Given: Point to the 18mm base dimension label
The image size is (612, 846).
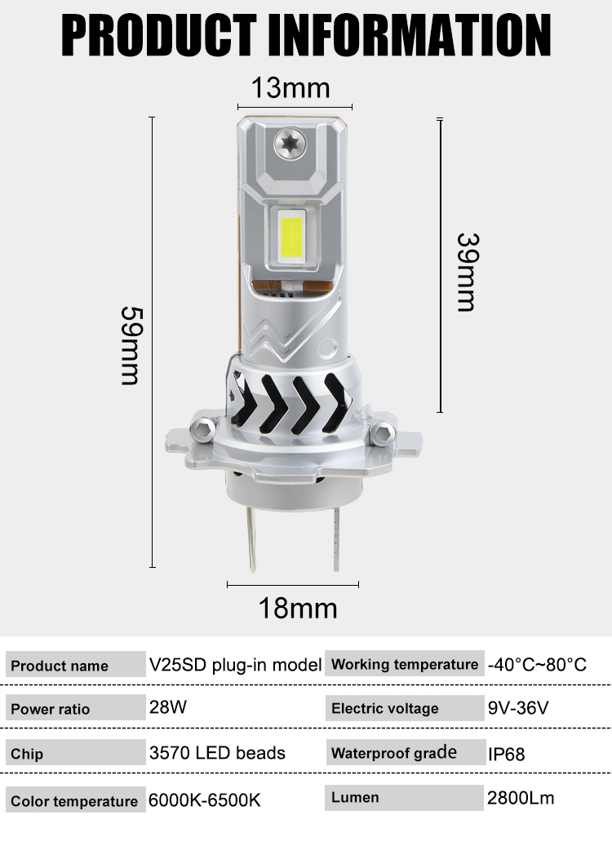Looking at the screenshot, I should [x=298, y=608].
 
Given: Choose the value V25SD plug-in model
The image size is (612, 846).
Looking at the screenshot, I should [x=235, y=664].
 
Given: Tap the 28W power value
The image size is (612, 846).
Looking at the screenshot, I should [x=168, y=706].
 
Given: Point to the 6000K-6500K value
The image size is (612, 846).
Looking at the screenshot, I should [x=205, y=799].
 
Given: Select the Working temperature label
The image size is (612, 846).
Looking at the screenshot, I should [x=405, y=664].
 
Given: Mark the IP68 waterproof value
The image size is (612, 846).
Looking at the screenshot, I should [x=506, y=754].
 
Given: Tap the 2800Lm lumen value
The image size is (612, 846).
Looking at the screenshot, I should [x=521, y=797].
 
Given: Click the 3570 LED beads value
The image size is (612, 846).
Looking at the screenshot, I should [x=217, y=752].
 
